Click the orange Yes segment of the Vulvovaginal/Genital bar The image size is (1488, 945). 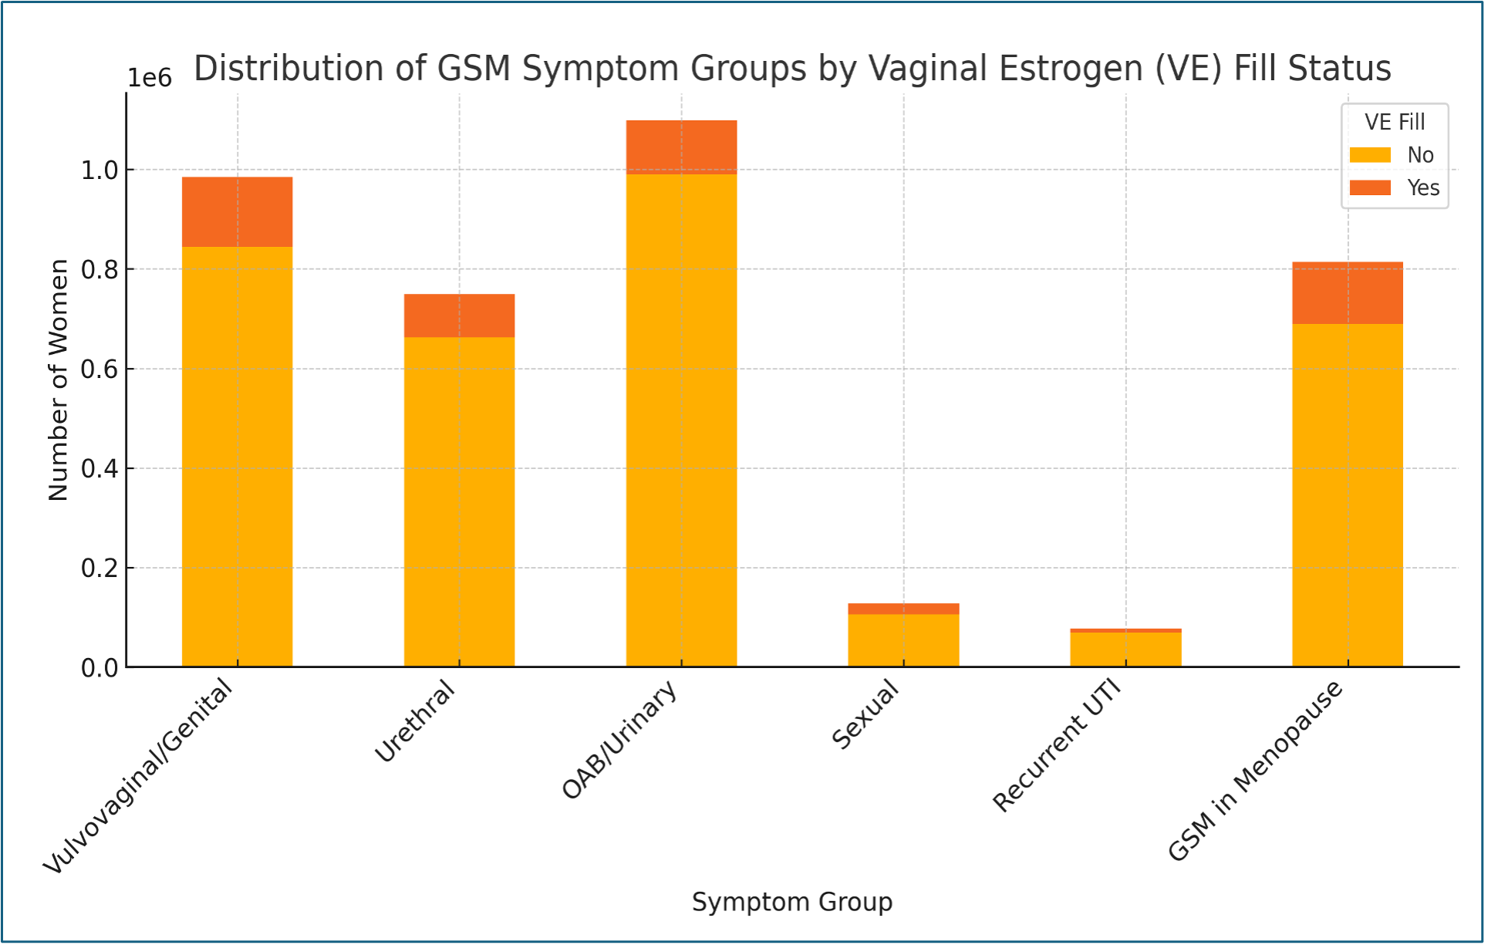[237, 212]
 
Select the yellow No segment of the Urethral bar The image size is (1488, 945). [459, 501]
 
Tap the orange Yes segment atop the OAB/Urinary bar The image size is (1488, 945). [681, 147]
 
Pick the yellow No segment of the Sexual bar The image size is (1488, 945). [903, 640]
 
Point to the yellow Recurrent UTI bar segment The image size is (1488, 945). [1125, 650]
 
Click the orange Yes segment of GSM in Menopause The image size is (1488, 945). [1347, 293]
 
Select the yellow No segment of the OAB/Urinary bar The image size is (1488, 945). [681, 420]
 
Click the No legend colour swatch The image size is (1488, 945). [1370, 155]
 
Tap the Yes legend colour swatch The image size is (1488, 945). [1370, 187]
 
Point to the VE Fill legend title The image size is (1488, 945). [1395, 122]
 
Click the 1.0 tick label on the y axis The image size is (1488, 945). [100, 170]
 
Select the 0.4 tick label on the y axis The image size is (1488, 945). [100, 469]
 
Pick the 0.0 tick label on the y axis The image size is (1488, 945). [100, 668]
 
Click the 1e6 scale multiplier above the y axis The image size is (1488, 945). [150, 78]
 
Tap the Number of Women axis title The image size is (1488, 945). [59, 380]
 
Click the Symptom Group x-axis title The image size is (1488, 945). [791, 902]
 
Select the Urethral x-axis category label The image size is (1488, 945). [416, 722]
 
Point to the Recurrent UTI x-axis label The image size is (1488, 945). [1057, 747]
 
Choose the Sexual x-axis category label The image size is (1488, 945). [865, 714]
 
